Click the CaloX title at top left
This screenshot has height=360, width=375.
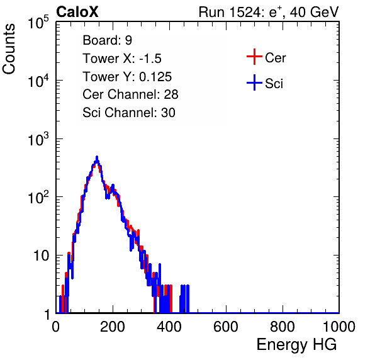point(77,12)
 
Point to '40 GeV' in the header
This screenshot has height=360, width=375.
point(314,12)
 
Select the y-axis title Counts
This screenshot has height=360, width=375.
point(9,49)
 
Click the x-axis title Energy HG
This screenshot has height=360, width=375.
point(296,345)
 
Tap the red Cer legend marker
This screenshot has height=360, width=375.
point(254,57)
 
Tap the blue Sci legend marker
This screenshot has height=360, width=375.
point(254,82)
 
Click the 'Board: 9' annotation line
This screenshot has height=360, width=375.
point(107,40)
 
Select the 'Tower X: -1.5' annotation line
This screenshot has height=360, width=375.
point(122,59)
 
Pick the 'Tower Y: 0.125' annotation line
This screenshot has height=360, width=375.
point(127,77)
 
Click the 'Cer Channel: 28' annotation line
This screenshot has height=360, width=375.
point(130,94)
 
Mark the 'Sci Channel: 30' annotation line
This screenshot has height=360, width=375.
point(129,113)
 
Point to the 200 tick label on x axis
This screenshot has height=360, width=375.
point(113,327)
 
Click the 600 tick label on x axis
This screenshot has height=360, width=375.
point(226,327)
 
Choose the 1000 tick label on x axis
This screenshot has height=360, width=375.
point(339,327)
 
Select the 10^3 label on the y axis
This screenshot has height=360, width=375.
point(38,139)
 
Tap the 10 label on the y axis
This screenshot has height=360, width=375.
point(42,256)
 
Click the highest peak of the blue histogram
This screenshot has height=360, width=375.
point(97,157)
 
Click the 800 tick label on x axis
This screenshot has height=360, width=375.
point(283,327)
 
